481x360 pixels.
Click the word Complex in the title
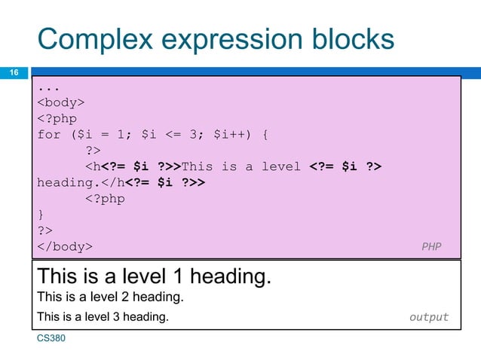coord(84,40)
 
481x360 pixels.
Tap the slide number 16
coord(13,73)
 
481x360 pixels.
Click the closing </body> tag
coord(66,246)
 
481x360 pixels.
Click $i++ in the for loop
coord(232,134)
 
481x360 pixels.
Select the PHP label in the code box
coord(431,246)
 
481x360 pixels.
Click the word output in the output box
coord(428,317)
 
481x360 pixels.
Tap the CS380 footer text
coord(51,339)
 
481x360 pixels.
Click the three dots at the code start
coord(48,86)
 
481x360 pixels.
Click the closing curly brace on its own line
coord(41,215)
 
